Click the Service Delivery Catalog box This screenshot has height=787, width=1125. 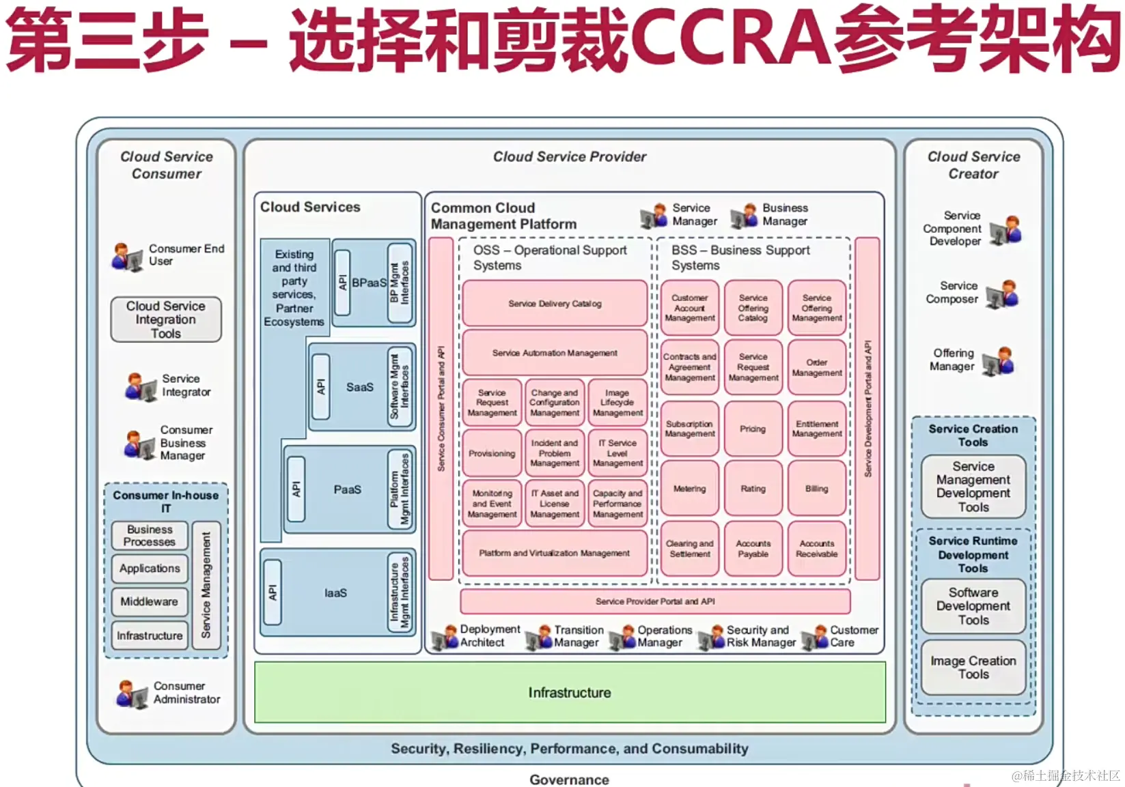click(x=555, y=304)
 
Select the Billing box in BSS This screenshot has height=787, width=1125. click(x=816, y=489)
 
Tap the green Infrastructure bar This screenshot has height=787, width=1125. click(x=570, y=693)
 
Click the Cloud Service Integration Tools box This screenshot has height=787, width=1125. click(x=166, y=319)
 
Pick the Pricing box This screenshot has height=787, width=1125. click(x=753, y=429)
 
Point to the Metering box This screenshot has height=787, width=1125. click(x=689, y=489)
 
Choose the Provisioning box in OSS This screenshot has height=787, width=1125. click(x=492, y=453)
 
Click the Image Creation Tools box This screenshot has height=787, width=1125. click(x=973, y=668)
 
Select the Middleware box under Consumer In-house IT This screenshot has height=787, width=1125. click(x=150, y=601)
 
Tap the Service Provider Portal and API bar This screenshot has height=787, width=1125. click(x=655, y=601)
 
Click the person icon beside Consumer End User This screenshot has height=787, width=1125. click(x=127, y=257)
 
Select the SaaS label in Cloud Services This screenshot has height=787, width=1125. click(x=359, y=387)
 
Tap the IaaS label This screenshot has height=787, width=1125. click(x=335, y=593)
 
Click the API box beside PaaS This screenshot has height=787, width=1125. click(x=296, y=489)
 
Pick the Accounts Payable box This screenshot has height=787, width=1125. click(x=753, y=549)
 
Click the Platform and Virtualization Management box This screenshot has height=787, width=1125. click(x=555, y=553)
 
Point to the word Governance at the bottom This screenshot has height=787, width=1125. click(x=569, y=779)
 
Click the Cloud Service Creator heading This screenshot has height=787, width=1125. click(x=973, y=165)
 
